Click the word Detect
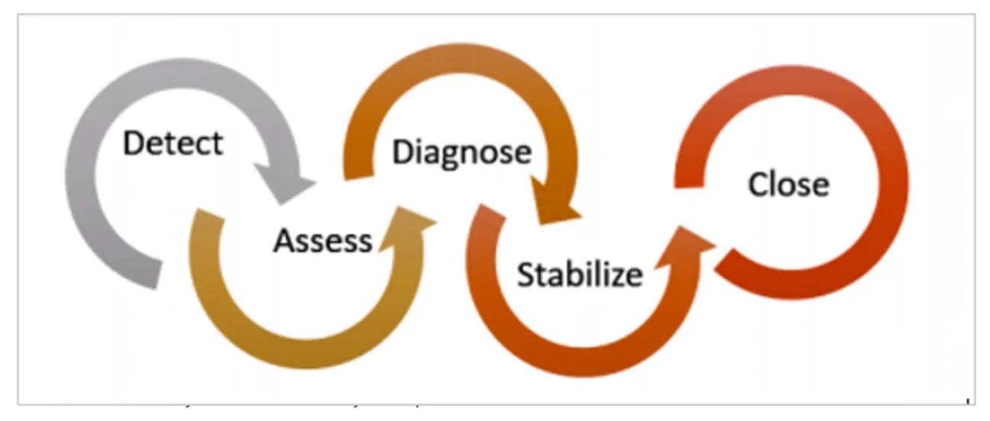click(x=173, y=143)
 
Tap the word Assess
click(x=322, y=241)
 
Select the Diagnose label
click(x=461, y=151)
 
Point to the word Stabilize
click(x=579, y=274)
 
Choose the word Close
click(x=788, y=184)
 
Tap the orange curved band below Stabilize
click(x=581, y=351)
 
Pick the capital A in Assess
click(x=285, y=241)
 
